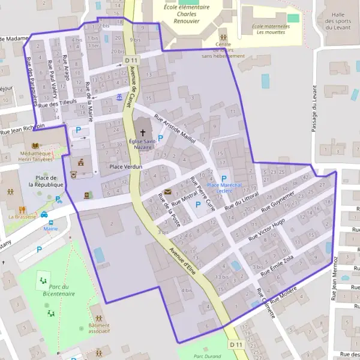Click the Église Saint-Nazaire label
coord(142,143)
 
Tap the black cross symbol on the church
coord(143,131)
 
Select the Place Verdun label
coord(124,166)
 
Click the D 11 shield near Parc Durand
coord(235,344)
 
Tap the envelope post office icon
coord(167,191)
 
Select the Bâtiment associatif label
coord(98,327)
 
